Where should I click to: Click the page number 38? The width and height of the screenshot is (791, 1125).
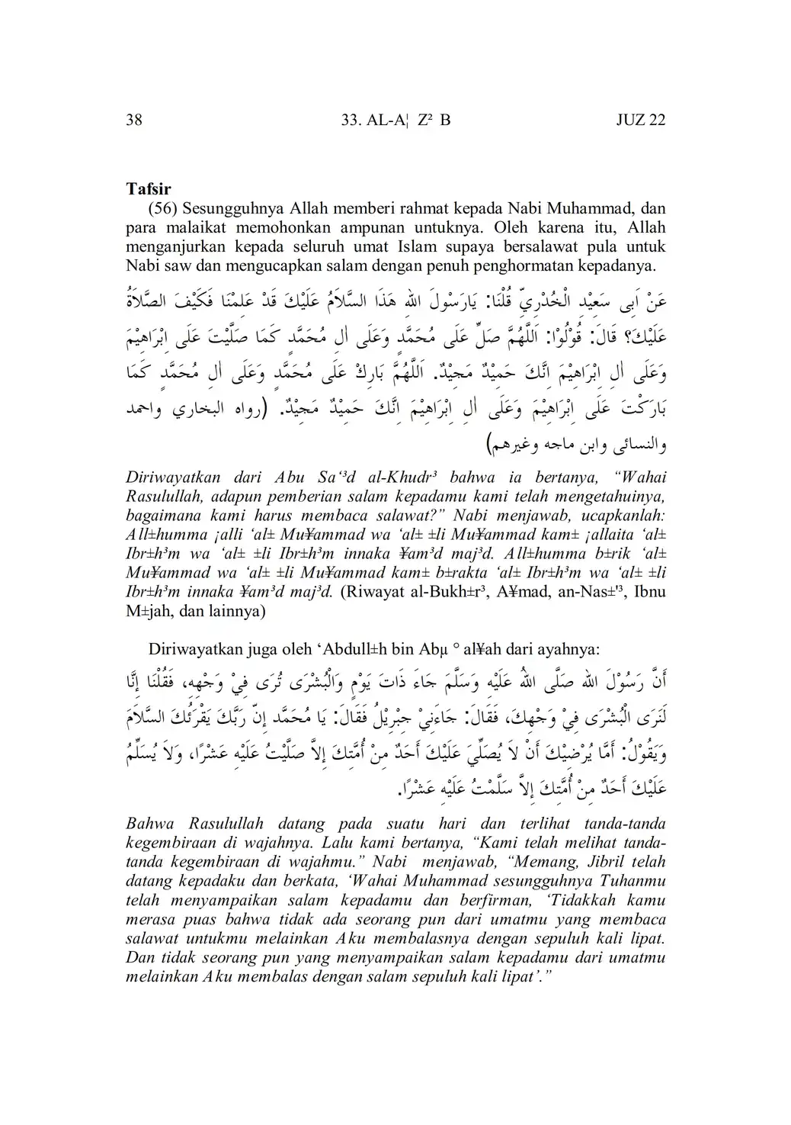pos(133,120)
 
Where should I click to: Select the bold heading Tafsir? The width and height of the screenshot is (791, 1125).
pos(149,188)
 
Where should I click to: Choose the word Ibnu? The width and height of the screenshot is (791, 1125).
pos(649,592)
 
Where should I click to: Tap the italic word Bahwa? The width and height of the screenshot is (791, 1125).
pos(150,824)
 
